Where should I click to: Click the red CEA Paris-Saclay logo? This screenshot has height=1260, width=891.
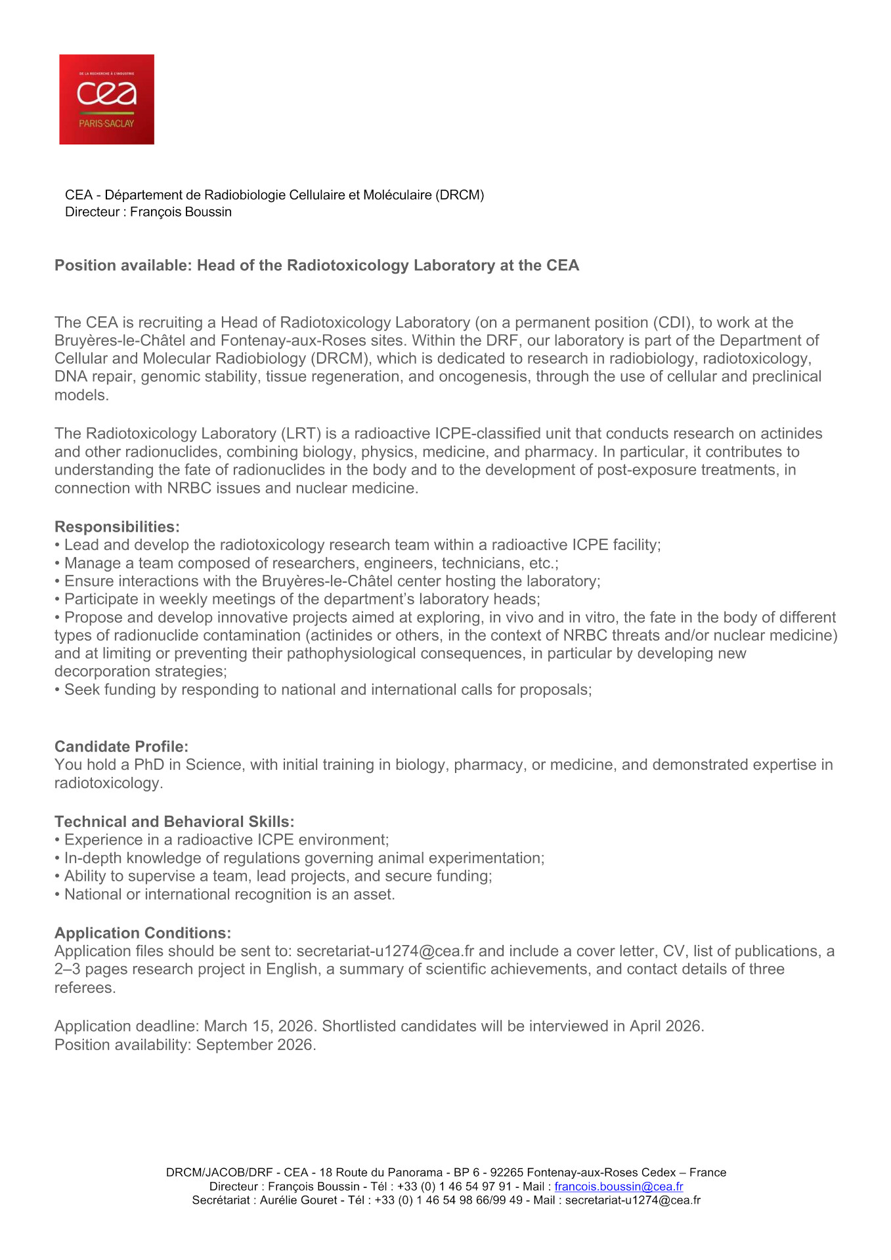tap(106, 99)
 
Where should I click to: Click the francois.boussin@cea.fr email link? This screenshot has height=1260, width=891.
tap(619, 1186)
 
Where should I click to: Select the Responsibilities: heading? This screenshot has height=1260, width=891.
tap(117, 526)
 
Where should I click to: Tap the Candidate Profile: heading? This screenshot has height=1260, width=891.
tap(121, 746)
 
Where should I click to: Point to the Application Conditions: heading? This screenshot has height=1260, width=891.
tap(142, 933)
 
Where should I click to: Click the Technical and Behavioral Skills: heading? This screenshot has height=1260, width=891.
tap(174, 821)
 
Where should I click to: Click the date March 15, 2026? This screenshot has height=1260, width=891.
tap(259, 1026)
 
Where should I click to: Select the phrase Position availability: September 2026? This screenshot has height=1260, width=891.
tap(185, 1044)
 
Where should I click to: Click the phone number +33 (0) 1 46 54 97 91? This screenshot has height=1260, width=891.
tap(454, 1186)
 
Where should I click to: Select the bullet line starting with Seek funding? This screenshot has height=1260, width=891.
tap(328, 689)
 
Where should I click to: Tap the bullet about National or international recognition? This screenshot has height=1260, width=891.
tap(229, 894)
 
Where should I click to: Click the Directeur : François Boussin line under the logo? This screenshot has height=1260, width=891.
tap(148, 211)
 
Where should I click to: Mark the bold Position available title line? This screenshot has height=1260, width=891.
tap(316, 265)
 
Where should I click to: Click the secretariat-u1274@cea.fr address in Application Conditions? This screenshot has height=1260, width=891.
tap(385, 951)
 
